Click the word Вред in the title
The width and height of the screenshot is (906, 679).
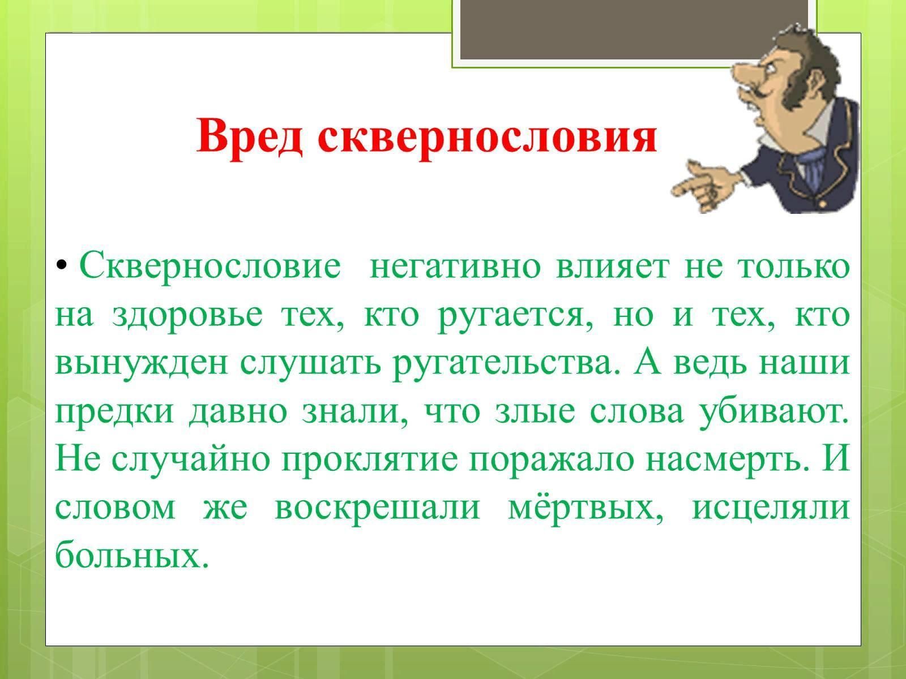click(249, 136)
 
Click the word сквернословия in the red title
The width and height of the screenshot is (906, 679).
click(487, 136)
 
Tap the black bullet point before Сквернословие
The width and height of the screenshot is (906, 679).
click(62, 264)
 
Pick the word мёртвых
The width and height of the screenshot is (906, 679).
click(586, 508)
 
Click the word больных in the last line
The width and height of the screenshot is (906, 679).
click(132, 554)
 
